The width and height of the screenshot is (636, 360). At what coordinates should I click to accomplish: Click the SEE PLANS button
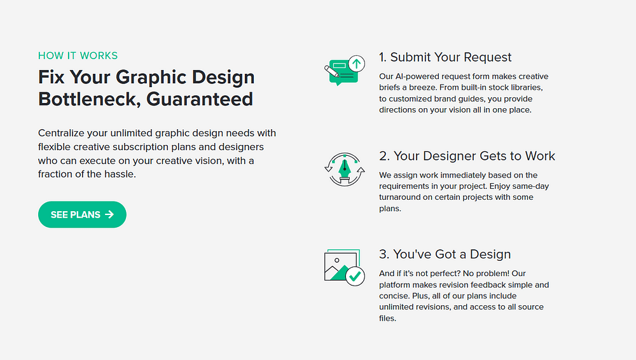(82, 214)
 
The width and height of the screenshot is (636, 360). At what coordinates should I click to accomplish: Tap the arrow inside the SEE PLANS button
(109, 214)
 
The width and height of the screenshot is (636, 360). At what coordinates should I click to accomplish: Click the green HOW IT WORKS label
(78, 55)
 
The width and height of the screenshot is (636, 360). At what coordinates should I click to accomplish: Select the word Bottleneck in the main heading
(89, 99)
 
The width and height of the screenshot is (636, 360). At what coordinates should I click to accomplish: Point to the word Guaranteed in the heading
(200, 99)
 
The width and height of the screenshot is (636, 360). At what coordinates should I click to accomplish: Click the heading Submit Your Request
(445, 57)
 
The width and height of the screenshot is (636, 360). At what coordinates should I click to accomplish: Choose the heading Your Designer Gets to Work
(467, 156)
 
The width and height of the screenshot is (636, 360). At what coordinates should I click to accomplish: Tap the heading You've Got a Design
(445, 254)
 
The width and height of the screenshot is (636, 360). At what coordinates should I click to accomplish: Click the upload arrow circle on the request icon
(357, 64)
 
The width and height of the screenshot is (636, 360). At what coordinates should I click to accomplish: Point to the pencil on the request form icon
(332, 72)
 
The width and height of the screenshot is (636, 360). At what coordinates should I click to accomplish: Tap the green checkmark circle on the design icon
(355, 277)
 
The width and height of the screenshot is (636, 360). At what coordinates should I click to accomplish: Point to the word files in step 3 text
(387, 318)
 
